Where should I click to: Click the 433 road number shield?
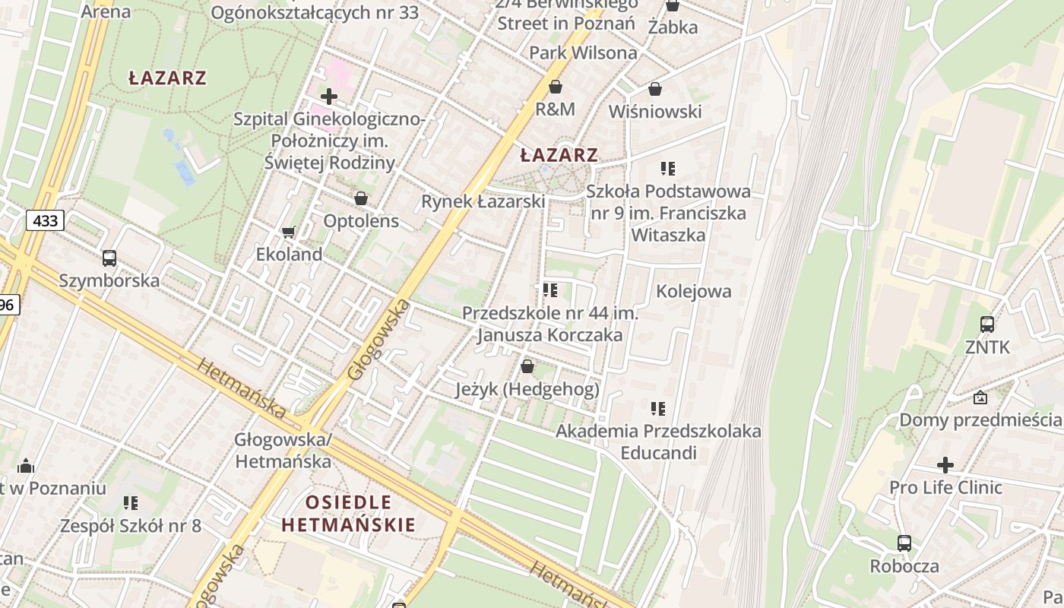pyautogui.click(x=46, y=221)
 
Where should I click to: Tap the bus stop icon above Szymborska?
pyautogui.click(x=109, y=258)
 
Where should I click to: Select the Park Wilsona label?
pyautogui.click(x=583, y=52)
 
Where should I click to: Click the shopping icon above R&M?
pyautogui.click(x=556, y=87)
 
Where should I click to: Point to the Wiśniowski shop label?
pyautogui.click(x=654, y=112)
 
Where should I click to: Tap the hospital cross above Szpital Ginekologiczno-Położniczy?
pyautogui.click(x=329, y=97)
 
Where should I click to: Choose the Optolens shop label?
pyautogui.click(x=361, y=221)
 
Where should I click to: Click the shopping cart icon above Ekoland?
pyautogui.click(x=288, y=232)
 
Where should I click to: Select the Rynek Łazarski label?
pyautogui.click(x=483, y=201)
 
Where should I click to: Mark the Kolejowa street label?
pyautogui.click(x=693, y=291)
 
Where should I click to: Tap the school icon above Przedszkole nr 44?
pyautogui.click(x=550, y=290)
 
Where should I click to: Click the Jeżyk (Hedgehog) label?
pyautogui.click(x=527, y=390)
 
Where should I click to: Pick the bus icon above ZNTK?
pyautogui.click(x=987, y=325)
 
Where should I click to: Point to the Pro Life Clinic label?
pyautogui.click(x=945, y=487)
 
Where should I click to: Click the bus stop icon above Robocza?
pyautogui.click(x=904, y=543)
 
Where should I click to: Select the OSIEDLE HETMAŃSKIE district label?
pyautogui.click(x=349, y=513)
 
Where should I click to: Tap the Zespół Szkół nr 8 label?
pyautogui.click(x=131, y=525)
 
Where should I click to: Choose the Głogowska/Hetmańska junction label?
pyautogui.click(x=283, y=450)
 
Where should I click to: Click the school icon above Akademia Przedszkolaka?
pyautogui.click(x=658, y=409)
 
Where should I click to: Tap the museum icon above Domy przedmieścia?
pyautogui.click(x=980, y=397)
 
